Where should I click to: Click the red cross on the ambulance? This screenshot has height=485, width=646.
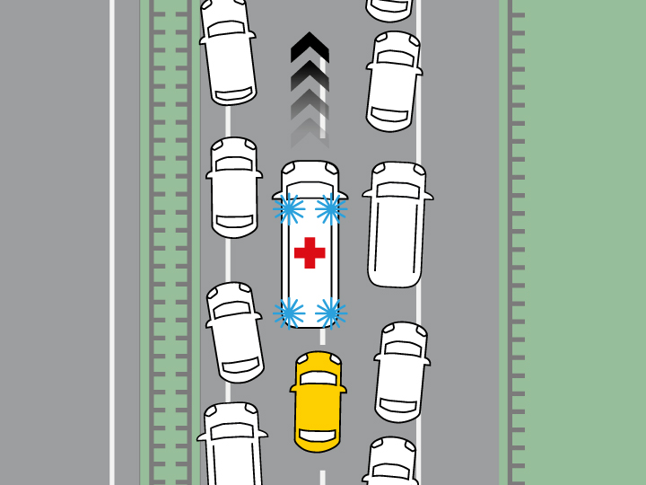[310, 252]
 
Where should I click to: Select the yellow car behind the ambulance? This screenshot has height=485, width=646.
[318, 401]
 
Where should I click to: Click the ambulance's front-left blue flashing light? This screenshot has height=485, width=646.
[288, 209]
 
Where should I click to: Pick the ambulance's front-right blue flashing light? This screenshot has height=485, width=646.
[331, 209]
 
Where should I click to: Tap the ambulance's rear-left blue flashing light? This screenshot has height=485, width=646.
[288, 312]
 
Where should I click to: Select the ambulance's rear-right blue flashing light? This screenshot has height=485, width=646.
[330, 312]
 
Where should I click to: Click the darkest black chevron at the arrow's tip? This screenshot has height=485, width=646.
[310, 47]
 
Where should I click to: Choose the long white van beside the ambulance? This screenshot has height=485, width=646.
[396, 224]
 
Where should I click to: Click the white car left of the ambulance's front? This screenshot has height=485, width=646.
[234, 187]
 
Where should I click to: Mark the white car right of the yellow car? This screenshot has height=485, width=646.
[400, 371]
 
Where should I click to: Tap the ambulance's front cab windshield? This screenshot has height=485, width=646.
[310, 179]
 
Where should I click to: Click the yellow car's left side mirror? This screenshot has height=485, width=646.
[293, 390]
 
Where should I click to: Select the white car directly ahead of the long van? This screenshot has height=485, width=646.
[393, 81]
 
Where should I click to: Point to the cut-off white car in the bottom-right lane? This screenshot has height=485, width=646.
[389, 462]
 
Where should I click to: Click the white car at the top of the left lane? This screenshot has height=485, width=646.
[227, 49]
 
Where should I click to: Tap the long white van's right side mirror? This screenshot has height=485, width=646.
[428, 195]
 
